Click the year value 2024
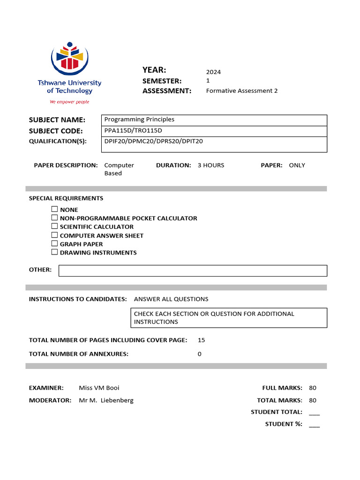[x=213, y=72]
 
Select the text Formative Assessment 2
[x=241, y=91]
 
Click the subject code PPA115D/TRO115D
[x=133, y=131]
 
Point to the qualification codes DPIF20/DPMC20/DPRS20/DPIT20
[x=153, y=141]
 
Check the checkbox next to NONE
[x=55, y=210]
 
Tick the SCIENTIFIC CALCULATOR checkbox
[x=55, y=226]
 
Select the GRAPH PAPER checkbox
[x=55, y=244]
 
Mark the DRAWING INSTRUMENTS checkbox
[x=55, y=252]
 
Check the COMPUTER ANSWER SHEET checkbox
[x=55, y=235]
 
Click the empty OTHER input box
[x=193, y=271]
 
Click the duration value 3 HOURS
[x=210, y=165]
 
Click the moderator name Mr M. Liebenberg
[x=106, y=400]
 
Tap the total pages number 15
[x=201, y=340]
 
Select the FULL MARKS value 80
[x=313, y=388]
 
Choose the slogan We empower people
[x=69, y=102]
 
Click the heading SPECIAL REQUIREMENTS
[x=66, y=198]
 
